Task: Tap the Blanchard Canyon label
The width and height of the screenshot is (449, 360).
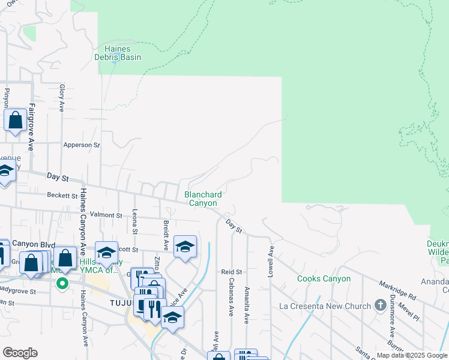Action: click(x=203, y=199)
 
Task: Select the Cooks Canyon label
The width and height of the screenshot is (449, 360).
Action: click(x=324, y=279)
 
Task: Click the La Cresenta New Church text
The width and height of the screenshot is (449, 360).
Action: click(x=325, y=306)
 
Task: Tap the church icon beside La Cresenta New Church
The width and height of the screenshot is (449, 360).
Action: click(x=379, y=305)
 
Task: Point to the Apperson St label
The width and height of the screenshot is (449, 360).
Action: click(x=82, y=145)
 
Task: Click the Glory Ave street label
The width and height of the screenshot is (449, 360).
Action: click(x=62, y=98)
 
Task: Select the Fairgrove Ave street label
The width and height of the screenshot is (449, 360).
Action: click(x=31, y=128)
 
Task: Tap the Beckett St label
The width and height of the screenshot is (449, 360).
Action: click(x=63, y=196)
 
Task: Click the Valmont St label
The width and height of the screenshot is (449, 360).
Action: click(x=106, y=215)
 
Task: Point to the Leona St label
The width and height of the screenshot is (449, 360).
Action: click(x=134, y=222)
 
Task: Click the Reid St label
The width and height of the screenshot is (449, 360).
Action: click(x=231, y=272)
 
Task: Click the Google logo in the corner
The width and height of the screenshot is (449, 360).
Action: click(x=20, y=353)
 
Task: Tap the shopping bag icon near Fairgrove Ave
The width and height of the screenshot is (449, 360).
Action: click(x=16, y=119)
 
